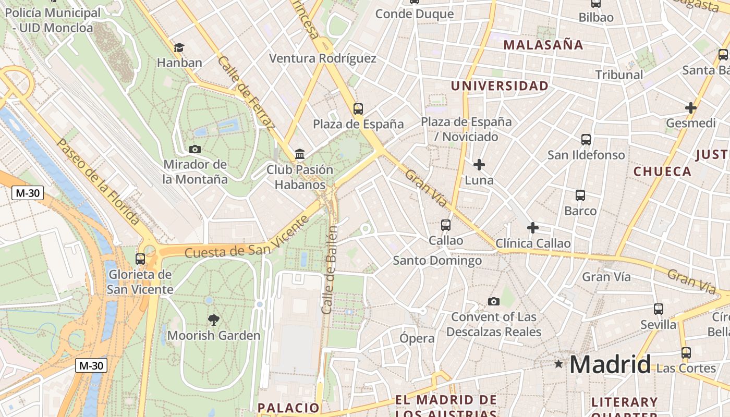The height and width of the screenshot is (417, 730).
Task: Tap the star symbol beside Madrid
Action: point(559,363)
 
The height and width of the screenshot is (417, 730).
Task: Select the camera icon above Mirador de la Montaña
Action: point(195,150)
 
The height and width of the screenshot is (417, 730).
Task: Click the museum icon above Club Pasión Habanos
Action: point(300,154)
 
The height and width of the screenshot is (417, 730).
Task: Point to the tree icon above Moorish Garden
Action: point(213,320)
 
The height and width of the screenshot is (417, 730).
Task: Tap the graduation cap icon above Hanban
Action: point(179,47)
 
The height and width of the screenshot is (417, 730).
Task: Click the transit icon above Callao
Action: point(446,225)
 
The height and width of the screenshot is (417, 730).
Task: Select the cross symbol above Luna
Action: point(479,165)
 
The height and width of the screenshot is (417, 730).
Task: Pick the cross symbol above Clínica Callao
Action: point(533,228)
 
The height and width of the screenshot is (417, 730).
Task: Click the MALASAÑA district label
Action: point(543,45)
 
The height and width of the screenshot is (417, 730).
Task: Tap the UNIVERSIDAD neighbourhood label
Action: point(500,86)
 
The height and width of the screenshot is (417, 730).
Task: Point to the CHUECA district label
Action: point(662,171)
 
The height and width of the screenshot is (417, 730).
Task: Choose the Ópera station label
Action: point(417,338)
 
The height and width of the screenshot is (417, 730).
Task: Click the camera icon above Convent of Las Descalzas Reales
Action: point(494,301)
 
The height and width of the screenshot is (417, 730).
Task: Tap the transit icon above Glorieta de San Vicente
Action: point(140,259)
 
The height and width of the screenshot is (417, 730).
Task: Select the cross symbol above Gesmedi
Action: point(691,108)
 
